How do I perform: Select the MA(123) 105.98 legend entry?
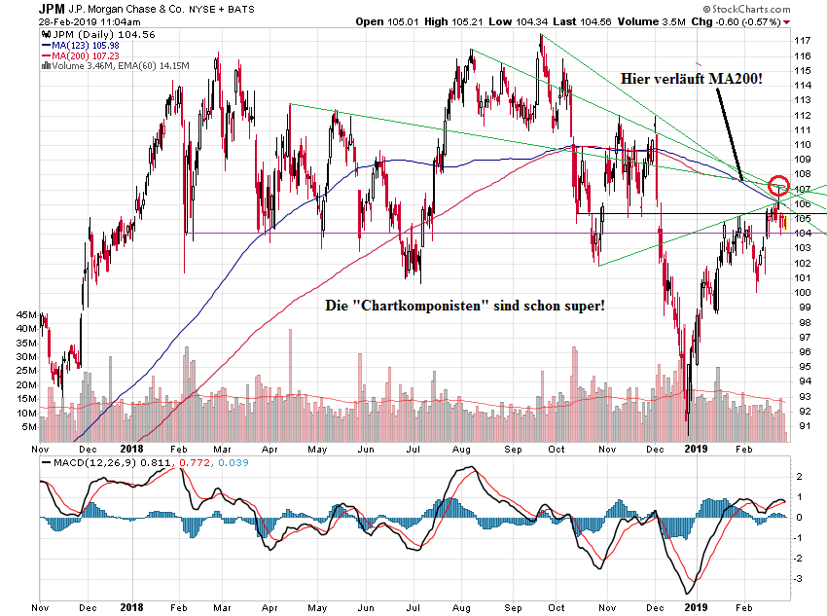coord(88,45)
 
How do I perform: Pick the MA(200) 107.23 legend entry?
coord(88,55)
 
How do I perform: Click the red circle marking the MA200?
coord(778,186)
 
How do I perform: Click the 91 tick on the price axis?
coord(804,425)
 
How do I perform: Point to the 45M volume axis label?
coord(26,315)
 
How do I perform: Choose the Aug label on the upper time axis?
coord(462,449)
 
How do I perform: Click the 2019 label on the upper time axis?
coord(696,449)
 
